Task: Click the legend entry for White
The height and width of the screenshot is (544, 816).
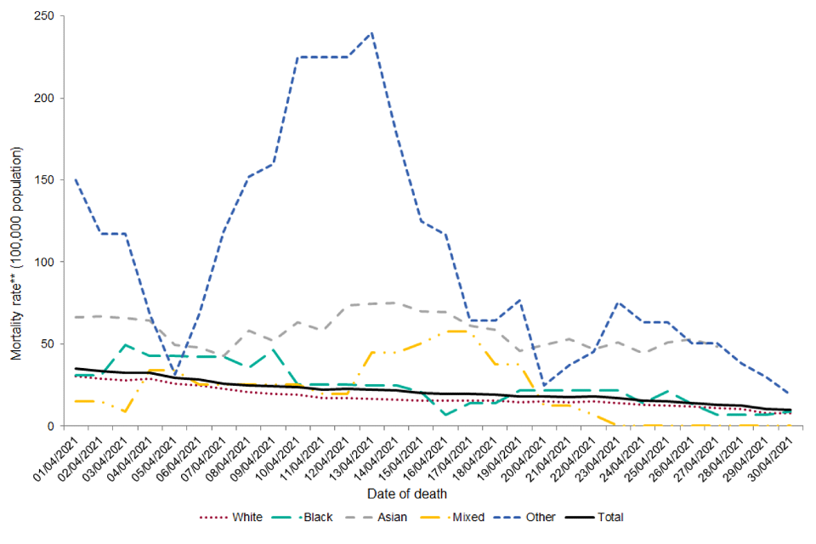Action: coord(246,516)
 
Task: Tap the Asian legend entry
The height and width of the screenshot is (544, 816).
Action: coord(393,516)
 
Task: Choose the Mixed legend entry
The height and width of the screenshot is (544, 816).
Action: coord(465,516)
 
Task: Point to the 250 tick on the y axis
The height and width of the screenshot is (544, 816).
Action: coord(52,17)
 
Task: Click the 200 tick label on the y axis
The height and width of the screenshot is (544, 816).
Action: coord(52,99)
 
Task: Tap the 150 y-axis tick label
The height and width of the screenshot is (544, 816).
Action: coord(52,180)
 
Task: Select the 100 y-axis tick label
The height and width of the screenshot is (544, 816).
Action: coord(52,262)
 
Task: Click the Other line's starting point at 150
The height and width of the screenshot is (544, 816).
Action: coord(76,180)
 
